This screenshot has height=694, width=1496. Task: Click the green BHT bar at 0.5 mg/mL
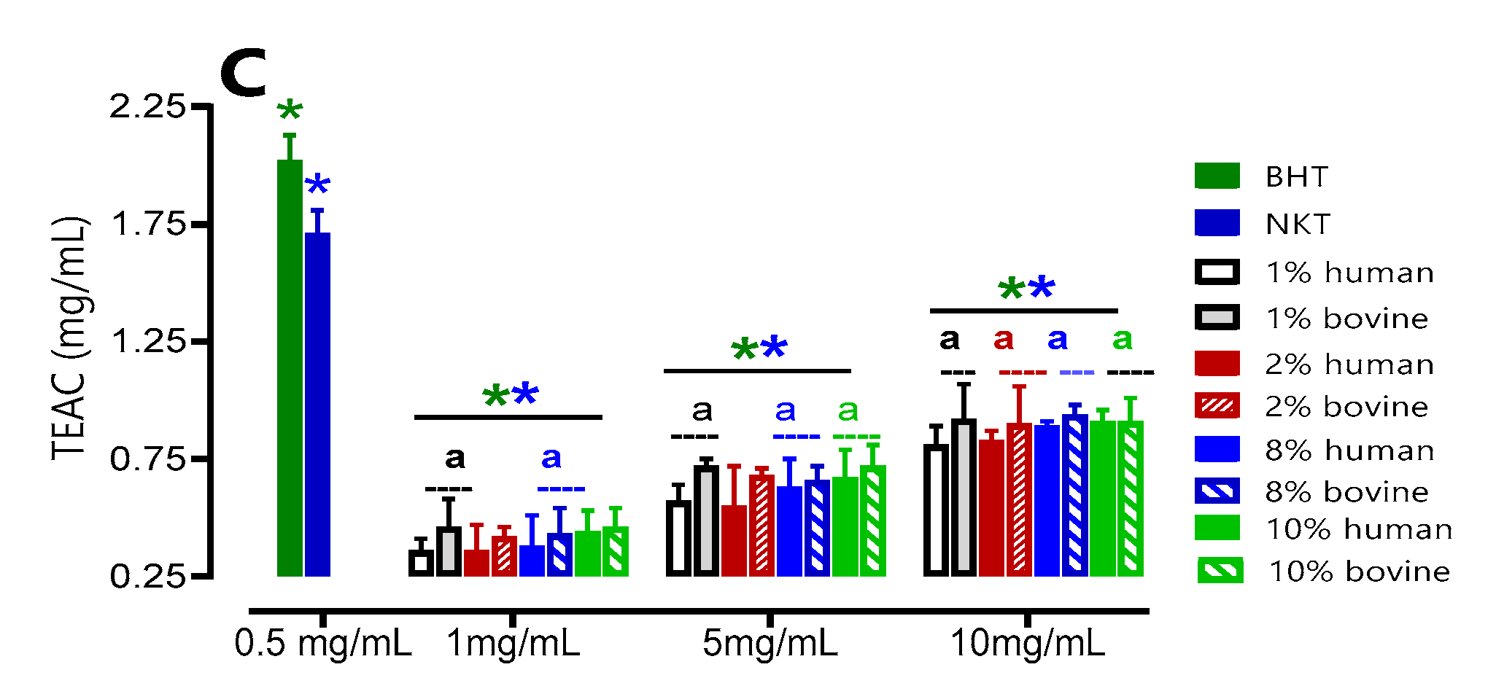coord(290,368)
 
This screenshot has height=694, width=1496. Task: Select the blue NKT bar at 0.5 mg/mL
coord(317,405)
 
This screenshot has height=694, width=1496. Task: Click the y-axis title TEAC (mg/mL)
coord(70,339)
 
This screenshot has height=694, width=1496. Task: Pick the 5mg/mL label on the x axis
coord(770,644)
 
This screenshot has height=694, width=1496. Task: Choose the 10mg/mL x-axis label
coord(1028,644)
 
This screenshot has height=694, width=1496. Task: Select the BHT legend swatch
coord(1217,176)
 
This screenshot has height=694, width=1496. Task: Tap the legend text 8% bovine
coord(1346,492)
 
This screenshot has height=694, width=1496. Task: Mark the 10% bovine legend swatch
coord(1220,571)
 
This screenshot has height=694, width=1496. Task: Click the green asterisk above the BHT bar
coord(290,112)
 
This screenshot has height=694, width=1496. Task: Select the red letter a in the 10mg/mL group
coord(1004,339)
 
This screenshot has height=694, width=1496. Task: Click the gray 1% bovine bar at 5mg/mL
coord(706,521)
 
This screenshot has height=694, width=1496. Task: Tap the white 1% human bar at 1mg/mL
coord(421,563)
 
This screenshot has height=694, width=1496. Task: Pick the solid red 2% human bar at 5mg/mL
coord(734,541)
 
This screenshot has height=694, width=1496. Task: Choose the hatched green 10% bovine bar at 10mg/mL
coord(1130,499)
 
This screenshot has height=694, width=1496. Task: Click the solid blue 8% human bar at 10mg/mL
coord(1047,501)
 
